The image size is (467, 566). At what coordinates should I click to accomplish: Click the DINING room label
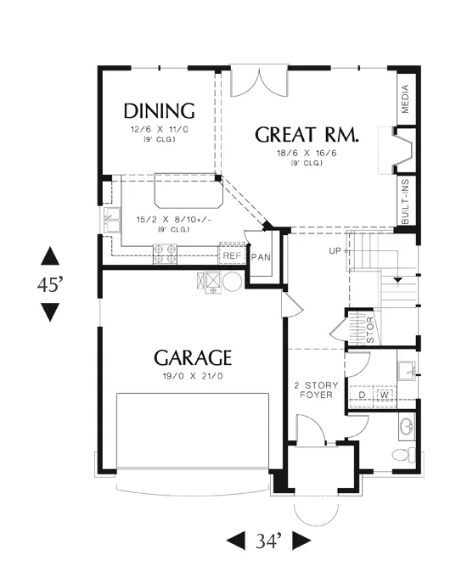coord(159,111)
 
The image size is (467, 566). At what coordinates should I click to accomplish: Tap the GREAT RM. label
coord(307,135)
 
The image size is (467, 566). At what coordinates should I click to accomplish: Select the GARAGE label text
coord(193,358)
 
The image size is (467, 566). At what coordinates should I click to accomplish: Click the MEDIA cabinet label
coord(405,99)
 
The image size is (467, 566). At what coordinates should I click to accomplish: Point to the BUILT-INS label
coord(405,202)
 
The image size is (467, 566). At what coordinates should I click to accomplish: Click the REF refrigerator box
coord(232,255)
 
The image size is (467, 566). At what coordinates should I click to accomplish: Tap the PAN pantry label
coord(261,257)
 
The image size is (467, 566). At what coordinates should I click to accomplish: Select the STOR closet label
coord(370,330)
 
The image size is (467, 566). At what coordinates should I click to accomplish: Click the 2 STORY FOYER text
coord(317,390)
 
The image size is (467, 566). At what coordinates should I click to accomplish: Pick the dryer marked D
coord(363,395)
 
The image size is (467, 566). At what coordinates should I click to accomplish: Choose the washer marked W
coord(385,395)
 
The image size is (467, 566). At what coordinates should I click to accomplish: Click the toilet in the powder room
coord(404,455)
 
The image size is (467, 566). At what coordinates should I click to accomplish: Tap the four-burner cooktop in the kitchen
coord(165,254)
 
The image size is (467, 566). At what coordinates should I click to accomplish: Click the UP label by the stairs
coord(335,250)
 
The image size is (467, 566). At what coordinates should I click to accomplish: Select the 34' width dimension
coord(268,541)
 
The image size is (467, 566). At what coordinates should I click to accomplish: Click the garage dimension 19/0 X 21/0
coord(193,376)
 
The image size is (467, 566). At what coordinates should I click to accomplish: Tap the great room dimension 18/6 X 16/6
coord(307,153)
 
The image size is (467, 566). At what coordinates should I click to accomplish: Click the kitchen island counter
coord(188,191)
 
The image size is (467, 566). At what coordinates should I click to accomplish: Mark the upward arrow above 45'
coord(50,256)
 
